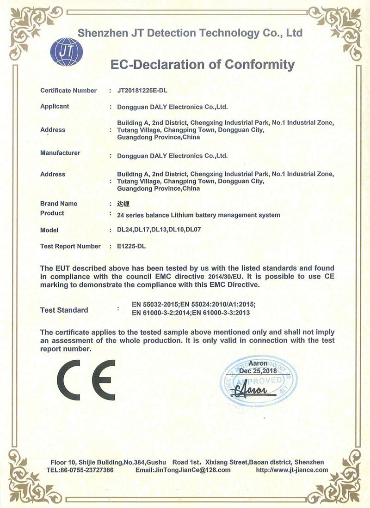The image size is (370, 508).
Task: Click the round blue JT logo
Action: pos(66,52)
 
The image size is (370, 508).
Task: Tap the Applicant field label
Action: pos(55,106)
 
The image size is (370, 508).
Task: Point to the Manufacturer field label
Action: pos(60,153)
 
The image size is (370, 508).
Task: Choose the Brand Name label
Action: pos(59,204)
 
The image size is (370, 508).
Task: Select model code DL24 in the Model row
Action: pos(125,230)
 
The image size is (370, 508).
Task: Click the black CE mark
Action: pos(86,380)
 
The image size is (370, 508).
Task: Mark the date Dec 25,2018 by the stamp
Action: pos(258,370)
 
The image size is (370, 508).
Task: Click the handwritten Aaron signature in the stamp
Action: pos(252,391)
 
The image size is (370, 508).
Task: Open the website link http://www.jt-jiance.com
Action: pos(292,470)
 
